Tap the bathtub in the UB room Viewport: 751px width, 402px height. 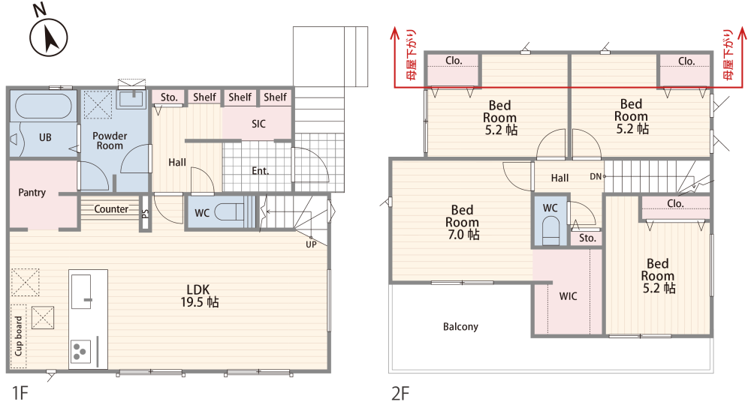(x=44, y=106)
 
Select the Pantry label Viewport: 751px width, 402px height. (x=32, y=193)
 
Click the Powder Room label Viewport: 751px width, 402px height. (x=110, y=141)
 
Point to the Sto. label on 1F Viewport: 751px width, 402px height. (x=168, y=97)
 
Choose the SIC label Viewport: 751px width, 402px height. (x=258, y=124)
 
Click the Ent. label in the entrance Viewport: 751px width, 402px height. (x=260, y=171)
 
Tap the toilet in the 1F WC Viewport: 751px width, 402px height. (x=229, y=211)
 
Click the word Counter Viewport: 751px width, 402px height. (x=111, y=209)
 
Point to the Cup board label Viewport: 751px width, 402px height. (x=19, y=335)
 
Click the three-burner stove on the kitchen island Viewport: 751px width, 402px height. (x=80, y=352)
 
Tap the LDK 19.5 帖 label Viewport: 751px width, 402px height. (x=199, y=296)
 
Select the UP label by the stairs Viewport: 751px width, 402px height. (x=312, y=244)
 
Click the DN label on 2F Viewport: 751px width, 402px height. (x=596, y=176)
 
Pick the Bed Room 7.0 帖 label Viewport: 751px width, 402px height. (x=462, y=223)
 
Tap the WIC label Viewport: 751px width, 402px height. (x=568, y=297)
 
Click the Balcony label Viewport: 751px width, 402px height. (x=460, y=327)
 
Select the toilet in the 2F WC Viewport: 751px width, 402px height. (x=550, y=231)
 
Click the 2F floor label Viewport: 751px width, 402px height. (x=400, y=394)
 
